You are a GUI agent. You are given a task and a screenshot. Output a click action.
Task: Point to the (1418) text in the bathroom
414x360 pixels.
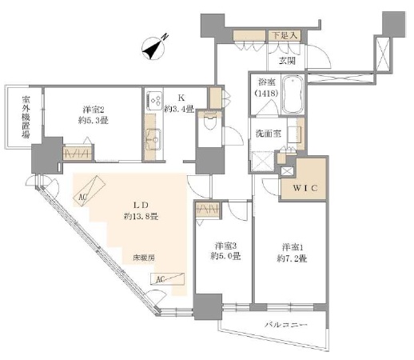[266, 94]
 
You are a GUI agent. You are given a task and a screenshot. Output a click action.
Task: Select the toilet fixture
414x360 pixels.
[209, 122]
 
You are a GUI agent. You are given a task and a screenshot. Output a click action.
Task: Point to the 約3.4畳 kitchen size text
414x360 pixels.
[178, 110]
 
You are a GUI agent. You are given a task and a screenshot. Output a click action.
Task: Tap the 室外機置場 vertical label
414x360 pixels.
[25, 117]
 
